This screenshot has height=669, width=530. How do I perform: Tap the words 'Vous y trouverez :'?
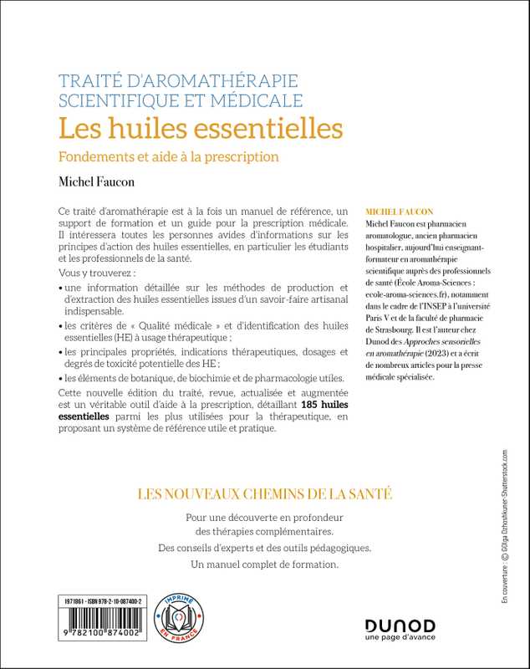pyautogui.click(x=92, y=274)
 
